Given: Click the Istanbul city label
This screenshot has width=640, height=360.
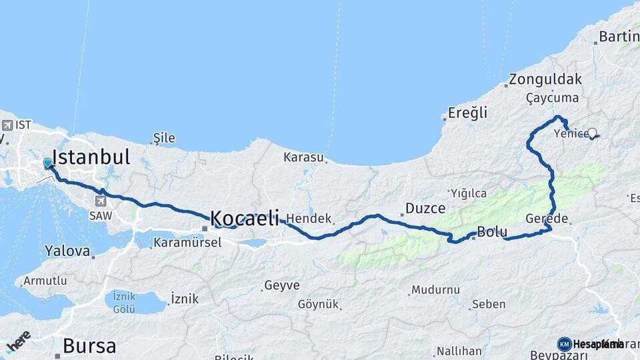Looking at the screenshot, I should (91, 158).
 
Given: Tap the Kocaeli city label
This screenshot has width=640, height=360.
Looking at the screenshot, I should (244, 218).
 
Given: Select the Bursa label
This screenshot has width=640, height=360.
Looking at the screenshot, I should (89, 346).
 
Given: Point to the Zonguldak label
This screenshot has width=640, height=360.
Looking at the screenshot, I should (545, 79).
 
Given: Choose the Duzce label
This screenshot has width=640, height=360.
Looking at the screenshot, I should (425, 209).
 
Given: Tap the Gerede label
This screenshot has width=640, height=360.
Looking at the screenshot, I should (547, 219).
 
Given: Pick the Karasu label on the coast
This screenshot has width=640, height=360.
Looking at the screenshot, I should (303, 158).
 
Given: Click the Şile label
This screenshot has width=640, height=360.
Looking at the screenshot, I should (164, 138).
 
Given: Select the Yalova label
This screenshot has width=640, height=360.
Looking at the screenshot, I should (67, 251).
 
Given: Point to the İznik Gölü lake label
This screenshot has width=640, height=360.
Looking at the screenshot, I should (125, 303).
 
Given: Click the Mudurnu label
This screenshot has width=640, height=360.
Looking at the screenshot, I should (435, 290).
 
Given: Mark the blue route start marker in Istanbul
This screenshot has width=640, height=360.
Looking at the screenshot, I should (48, 163).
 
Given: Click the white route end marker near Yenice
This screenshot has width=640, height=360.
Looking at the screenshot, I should (592, 133).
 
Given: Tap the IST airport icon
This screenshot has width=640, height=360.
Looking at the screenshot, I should (7, 125).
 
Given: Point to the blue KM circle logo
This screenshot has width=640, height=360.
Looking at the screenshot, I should (564, 344).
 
